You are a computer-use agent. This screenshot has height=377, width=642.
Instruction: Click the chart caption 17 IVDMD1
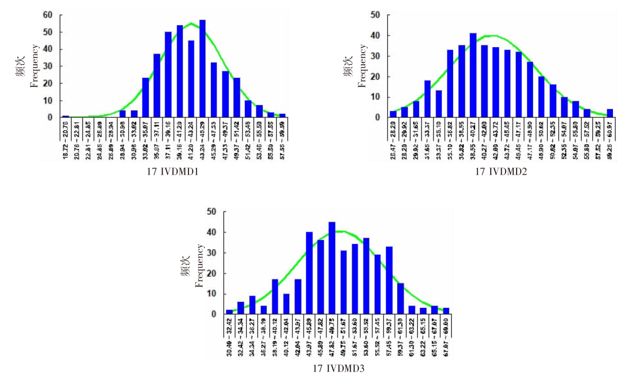(172, 172)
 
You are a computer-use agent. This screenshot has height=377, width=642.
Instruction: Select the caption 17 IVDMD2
(501, 172)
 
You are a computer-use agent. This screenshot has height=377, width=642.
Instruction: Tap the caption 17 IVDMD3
(338, 368)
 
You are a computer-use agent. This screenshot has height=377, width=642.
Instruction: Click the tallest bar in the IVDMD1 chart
(203, 69)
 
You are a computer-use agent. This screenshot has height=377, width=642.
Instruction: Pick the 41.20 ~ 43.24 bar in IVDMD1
(191, 79)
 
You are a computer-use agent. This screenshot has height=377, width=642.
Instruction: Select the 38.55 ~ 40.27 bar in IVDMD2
(473, 75)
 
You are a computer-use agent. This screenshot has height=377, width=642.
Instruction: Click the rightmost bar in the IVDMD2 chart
(610, 113)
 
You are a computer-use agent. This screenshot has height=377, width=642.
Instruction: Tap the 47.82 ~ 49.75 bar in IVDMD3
(332, 268)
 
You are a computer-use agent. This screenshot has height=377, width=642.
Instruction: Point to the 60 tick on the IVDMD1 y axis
(48, 15)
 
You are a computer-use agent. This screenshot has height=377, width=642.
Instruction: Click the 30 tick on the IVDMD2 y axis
(375, 56)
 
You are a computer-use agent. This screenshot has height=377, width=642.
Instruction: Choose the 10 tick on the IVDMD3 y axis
(212, 294)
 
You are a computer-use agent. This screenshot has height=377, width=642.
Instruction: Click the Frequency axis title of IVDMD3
(199, 266)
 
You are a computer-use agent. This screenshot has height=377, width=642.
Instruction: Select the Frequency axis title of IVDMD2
(362, 66)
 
